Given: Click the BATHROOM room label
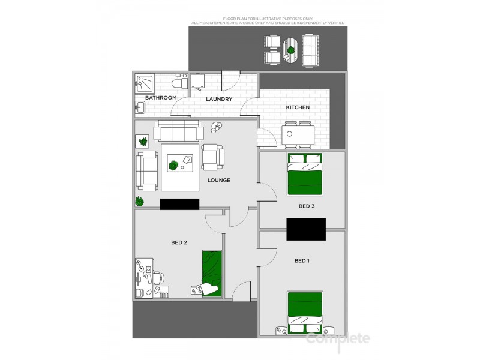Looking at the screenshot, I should pos(161,98).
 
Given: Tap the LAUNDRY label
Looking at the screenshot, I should pos(219,99).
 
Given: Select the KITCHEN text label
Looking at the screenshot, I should pos(298,107).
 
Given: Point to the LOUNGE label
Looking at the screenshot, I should pos(219,180).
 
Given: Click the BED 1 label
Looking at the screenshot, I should pos(302,261).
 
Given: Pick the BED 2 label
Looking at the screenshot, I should pos(179,242).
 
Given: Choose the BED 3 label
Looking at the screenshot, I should pos(307,206).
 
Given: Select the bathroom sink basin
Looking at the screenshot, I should pos(140,108).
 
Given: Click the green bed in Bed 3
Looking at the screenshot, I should pos(305,174).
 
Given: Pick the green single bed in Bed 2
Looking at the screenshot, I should pos(212,272).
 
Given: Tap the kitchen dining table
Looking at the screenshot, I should pos(298,134).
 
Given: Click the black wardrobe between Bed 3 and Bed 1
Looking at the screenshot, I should pos(306,229).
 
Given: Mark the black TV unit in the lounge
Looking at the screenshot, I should pos(179,204).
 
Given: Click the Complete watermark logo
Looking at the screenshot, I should pos(338,338).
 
